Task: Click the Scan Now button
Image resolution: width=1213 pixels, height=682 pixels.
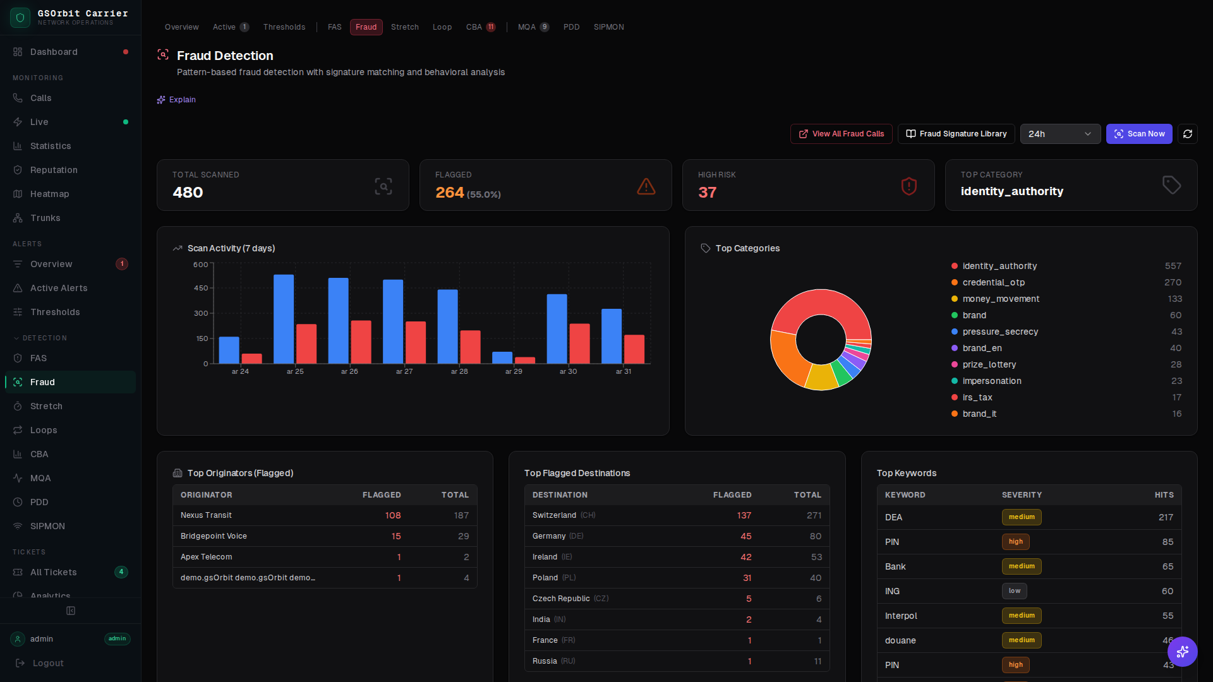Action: click(1138, 134)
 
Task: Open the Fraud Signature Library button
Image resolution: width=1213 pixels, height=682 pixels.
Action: click(956, 134)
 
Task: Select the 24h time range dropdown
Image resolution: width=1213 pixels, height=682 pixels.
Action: click(1059, 134)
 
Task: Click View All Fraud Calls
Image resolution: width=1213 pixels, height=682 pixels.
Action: click(841, 134)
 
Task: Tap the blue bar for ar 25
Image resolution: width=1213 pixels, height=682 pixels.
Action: click(284, 319)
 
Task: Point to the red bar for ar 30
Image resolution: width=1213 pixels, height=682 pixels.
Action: click(579, 344)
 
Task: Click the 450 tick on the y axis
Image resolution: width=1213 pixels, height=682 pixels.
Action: click(201, 288)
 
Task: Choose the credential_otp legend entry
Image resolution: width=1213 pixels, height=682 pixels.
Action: click(993, 282)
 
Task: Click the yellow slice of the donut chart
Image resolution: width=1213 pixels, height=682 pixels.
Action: click(821, 377)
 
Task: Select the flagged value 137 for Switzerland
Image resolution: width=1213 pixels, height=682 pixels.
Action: click(744, 515)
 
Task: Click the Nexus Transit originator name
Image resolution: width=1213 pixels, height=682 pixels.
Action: click(206, 515)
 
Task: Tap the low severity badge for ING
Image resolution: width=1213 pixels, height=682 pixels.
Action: click(1014, 591)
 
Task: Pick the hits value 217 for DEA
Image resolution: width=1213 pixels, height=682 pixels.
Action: click(1166, 517)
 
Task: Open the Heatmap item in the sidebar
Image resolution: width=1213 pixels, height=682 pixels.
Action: click(49, 194)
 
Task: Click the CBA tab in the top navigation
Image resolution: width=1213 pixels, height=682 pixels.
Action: click(474, 27)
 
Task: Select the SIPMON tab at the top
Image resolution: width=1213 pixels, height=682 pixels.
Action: click(608, 27)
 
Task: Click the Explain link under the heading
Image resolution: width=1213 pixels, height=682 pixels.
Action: click(182, 100)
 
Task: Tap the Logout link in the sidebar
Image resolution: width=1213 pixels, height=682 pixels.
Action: click(48, 663)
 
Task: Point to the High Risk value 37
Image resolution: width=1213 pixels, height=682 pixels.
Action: click(707, 193)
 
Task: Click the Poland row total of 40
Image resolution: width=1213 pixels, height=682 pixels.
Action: click(816, 578)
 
